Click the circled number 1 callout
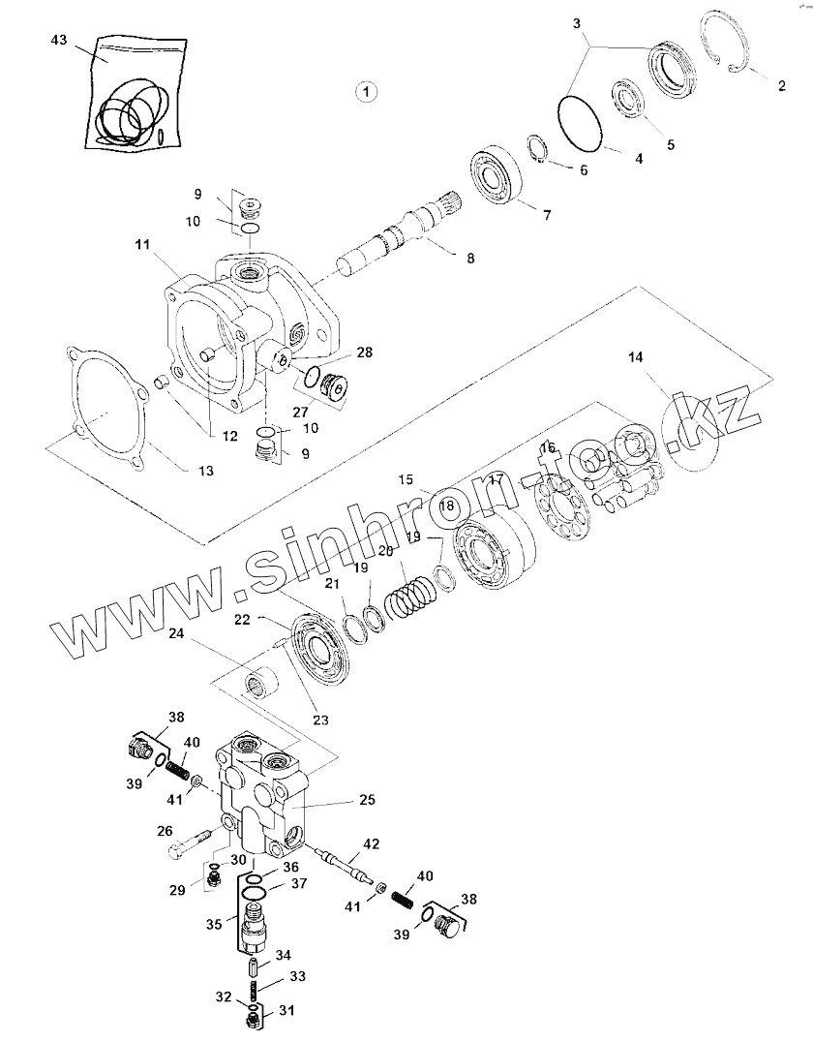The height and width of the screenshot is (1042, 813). point(366,91)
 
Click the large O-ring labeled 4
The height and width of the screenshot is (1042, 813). point(582,121)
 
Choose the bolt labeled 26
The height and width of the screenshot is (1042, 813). point(193,842)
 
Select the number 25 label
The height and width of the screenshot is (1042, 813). point(367,800)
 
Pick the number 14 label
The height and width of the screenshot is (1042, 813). point(635,357)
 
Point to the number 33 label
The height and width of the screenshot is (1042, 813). point(297,976)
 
